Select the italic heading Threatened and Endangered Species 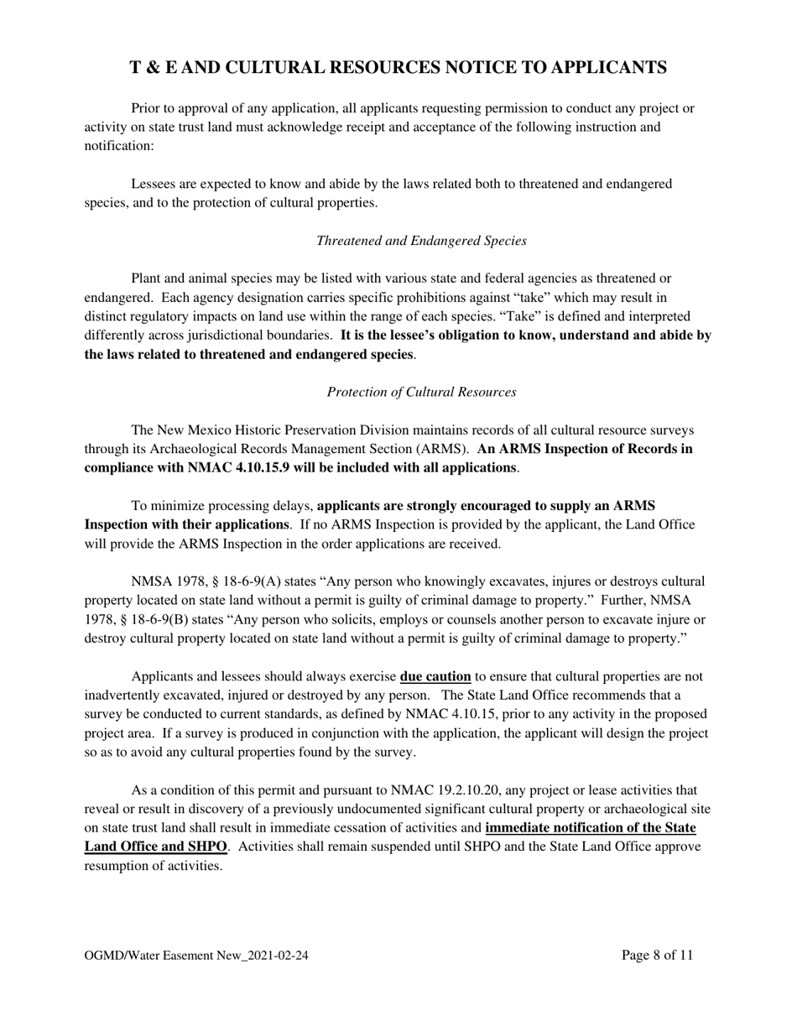(x=421, y=241)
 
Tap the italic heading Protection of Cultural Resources (x=421, y=392)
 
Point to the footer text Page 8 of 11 (x=658, y=955)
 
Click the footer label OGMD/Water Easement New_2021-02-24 (x=196, y=956)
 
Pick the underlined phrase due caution (x=435, y=676)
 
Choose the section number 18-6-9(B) (x=160, y=620)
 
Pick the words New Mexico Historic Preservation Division (x=272, y=430)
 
